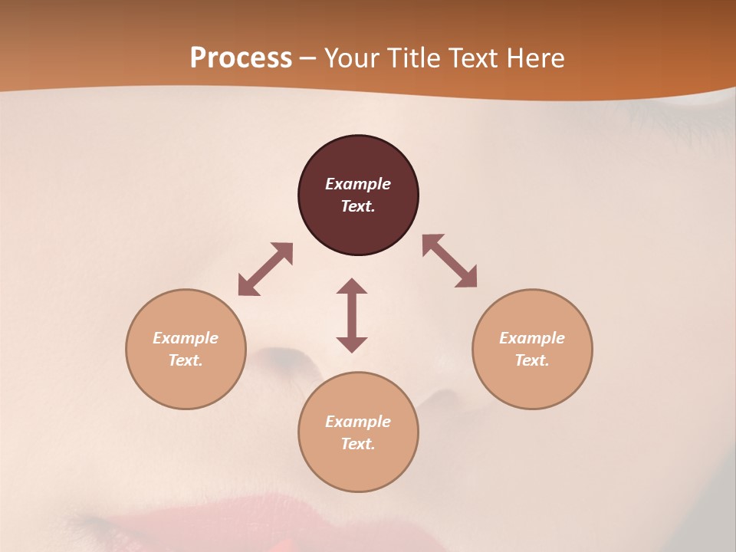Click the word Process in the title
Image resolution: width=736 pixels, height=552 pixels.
(241, 58)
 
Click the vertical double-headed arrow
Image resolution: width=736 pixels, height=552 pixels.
(352, 315)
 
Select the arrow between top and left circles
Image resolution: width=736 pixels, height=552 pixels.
(265, 269)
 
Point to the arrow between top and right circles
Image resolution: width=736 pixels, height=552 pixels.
(450, 261)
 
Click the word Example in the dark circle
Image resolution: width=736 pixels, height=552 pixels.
(358, 184)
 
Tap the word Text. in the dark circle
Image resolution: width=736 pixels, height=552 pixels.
(358, 206)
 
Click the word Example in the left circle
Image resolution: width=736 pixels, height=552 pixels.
(186, 338)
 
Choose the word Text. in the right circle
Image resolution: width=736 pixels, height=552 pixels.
(532, 360)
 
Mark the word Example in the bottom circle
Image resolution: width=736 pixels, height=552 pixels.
(358, 422)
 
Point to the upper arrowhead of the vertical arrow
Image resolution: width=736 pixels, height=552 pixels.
(352, 286)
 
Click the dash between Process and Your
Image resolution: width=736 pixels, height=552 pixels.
(307, 59)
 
